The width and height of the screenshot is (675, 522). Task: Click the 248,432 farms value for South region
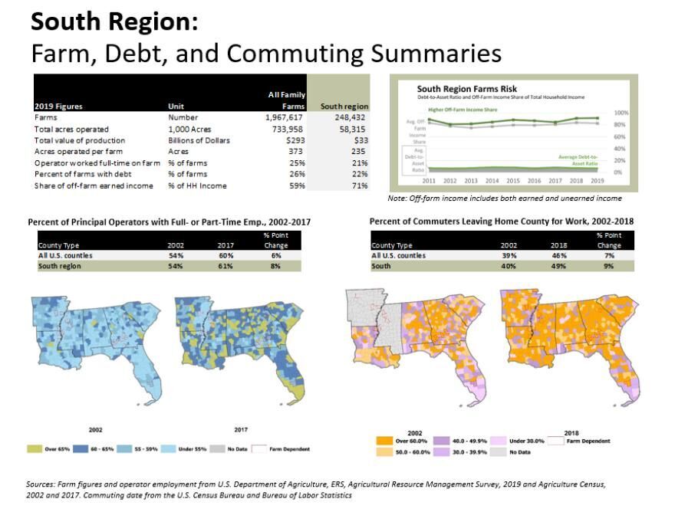tap(351, 118)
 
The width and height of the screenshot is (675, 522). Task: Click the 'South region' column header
tap(344, 107)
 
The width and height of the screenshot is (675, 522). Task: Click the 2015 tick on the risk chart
tap(513, 182)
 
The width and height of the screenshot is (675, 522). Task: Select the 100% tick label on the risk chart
tap(621, 113)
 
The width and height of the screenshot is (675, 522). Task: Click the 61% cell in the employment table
tap(223, 265)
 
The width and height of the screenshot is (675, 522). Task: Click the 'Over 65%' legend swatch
tap(35, 448)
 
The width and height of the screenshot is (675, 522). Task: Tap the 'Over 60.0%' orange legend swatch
tap(379, 442)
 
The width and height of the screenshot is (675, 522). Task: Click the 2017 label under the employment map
tap(240, 430)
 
